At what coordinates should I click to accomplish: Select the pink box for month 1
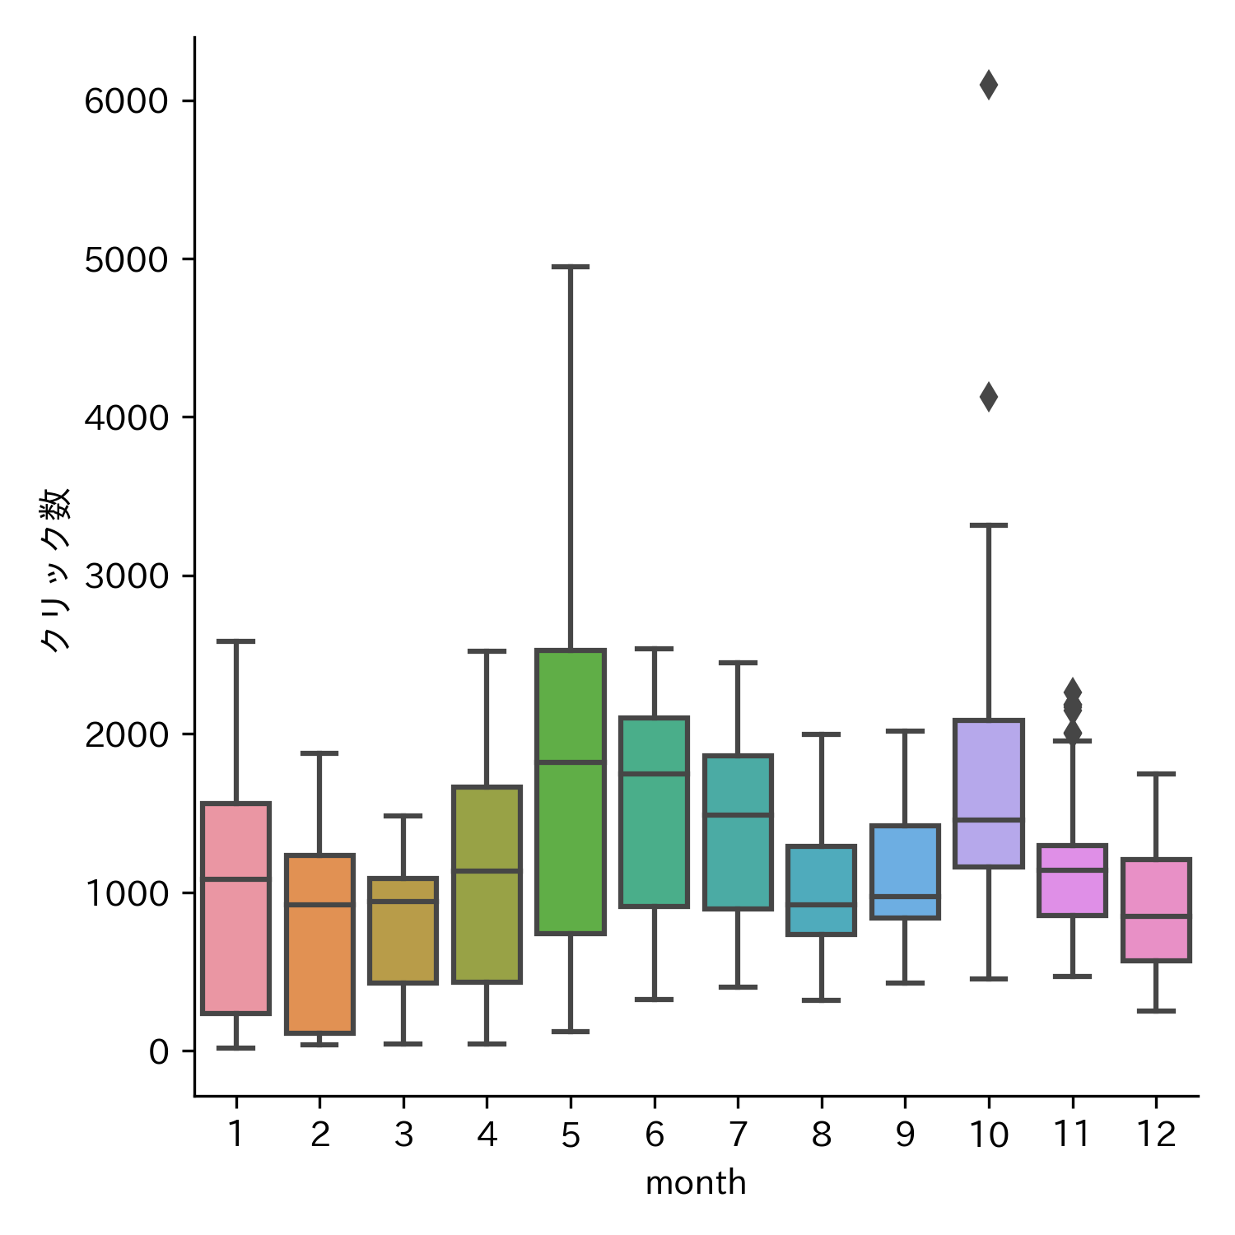click(x=236, y=947)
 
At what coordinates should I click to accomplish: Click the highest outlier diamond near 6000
click(x=988, y=85)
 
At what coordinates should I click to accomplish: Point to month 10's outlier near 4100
click(x=988, y=397)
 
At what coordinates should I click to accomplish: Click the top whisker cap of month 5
click(x=571, y=267)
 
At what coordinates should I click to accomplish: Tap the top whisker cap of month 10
click(x=988, y=524)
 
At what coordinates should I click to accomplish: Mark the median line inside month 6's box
click(x=654, y=773)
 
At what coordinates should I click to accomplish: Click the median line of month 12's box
click(x=1156, y=916)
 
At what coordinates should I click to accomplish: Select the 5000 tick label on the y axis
click(x=126, y=260)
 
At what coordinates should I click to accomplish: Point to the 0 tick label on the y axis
click(x=158, y=1052)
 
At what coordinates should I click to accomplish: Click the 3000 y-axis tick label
click(x=126, y=576)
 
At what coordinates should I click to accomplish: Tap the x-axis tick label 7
click(x=738, y=1135)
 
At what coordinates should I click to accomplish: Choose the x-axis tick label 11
click(x=1072, y=1135)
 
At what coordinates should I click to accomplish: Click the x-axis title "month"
click(x=696, y=1183)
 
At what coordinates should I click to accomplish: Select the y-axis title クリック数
click(x=56, y=570)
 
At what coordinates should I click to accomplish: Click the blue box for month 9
click(x=905, y=856)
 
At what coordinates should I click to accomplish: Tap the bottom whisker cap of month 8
click(x=821, y=1000)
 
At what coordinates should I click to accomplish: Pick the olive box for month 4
click(x=487, y=922)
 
